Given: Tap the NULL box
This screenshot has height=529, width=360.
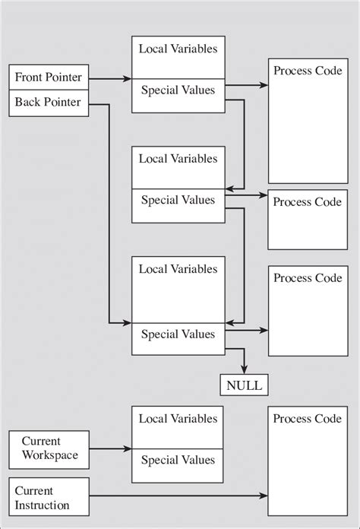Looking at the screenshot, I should click(x=243, y=385).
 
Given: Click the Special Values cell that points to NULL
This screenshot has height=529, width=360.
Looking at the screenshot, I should click(x=178, y=334).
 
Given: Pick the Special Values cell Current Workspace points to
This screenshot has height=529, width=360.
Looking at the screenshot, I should click(x=178, y=460).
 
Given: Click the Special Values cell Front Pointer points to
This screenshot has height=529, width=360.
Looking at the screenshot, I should click(x=178, y=90).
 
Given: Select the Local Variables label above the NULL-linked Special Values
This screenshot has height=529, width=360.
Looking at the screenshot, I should click(x=178, y=269).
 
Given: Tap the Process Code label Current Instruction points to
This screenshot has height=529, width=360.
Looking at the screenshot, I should click(x=307, y=419).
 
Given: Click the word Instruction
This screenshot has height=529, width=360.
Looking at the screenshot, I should click(x=43, y=505).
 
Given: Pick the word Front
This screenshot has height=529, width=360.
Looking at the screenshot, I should click(x=30, y=78).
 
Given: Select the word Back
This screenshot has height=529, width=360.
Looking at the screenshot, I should click(x=28, y=103).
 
